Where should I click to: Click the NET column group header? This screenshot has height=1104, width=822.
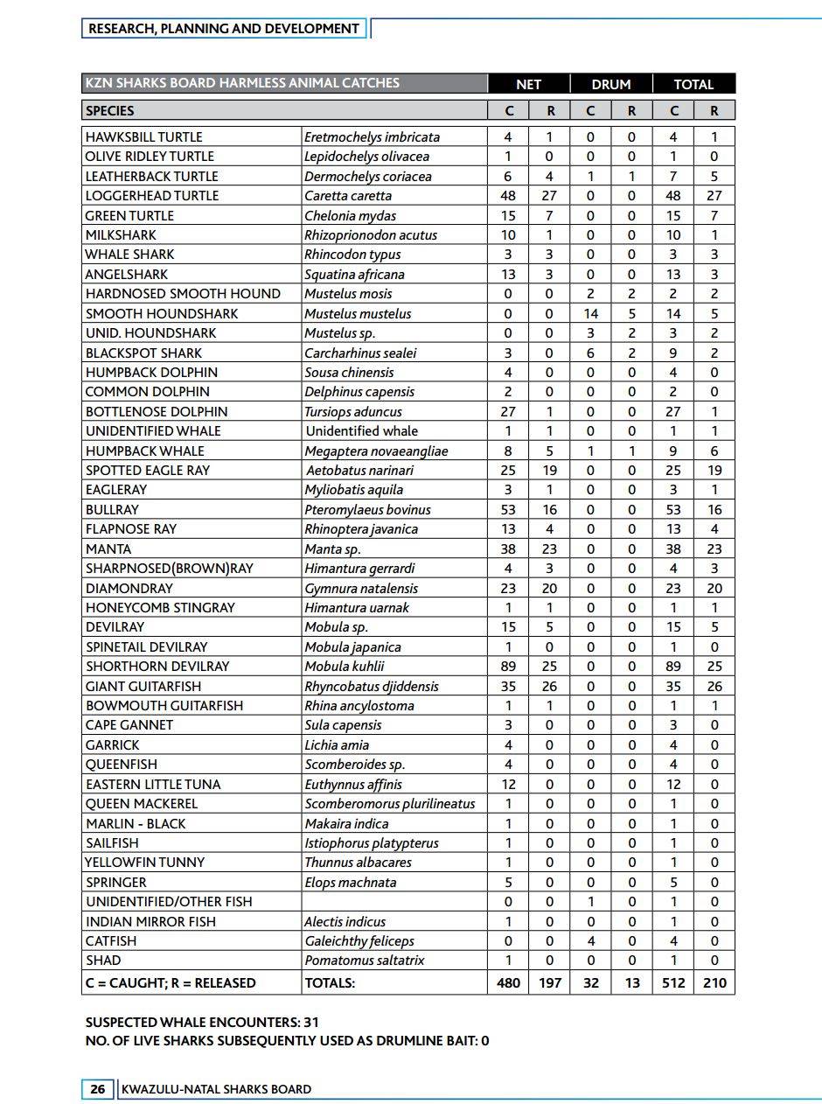[528, 84]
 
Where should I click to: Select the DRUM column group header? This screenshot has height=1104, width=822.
[610, 84]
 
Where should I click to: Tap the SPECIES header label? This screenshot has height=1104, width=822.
[110, 111]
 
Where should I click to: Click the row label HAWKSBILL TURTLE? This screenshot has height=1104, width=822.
[143, 136]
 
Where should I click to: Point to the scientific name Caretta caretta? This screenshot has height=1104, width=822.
[348, 195]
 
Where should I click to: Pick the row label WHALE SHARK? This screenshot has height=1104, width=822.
[129, 255]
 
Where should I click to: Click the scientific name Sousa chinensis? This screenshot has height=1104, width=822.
[350, 372]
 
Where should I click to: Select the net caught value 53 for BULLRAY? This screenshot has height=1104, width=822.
[508, 509]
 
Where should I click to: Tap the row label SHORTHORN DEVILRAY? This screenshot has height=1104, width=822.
[157, 666]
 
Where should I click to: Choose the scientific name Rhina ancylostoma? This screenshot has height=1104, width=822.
[359, 705]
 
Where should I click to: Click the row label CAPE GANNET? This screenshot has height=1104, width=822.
[129, 724]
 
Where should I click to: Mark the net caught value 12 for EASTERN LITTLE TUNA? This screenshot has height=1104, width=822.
[508, 784]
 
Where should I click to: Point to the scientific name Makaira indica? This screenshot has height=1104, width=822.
[345, 823]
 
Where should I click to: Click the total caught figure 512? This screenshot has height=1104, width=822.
[673, 982]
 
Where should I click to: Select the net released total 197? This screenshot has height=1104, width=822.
[549, 982]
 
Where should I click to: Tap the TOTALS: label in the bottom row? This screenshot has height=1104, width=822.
[330, 982]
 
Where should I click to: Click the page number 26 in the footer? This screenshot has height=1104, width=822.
[97, 1089]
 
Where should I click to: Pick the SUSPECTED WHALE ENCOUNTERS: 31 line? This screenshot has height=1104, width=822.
[208, 1022]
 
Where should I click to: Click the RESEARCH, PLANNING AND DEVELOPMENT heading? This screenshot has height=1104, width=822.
[224, 29]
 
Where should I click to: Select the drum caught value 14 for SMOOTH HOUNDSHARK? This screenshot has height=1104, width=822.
[590, 313]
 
